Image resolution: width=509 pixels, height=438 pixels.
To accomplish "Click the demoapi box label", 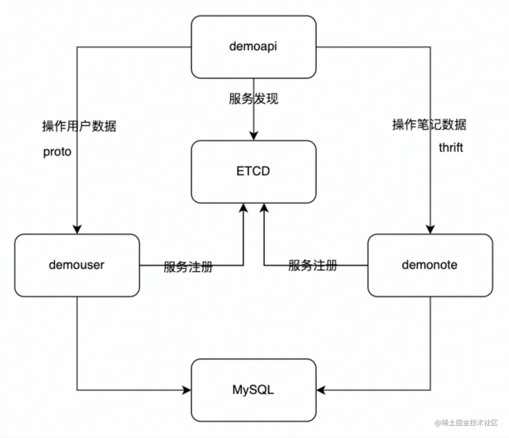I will tap(253, 46).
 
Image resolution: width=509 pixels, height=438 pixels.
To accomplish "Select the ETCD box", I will tap(253, 171).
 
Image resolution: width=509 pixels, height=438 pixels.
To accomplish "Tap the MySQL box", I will tap(253, 390).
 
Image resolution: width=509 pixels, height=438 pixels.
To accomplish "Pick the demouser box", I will tap(77, 265).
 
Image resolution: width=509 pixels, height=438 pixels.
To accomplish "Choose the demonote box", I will tap(430, 265).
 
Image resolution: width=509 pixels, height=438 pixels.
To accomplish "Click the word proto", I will tap(57, 152).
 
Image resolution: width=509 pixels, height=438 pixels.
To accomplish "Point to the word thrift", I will tap(451, 148).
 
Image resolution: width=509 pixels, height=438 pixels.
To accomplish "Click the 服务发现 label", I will tap(253, 98).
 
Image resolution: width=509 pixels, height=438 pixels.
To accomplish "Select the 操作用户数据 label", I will tap(79, 126).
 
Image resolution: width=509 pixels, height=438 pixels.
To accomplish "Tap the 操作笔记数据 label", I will tap(429, 125).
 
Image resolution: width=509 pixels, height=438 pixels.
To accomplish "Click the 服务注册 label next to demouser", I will tap(188, 267).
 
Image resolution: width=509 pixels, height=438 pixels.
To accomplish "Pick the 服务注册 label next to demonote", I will tap(313, 265).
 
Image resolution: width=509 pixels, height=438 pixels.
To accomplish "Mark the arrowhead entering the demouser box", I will tap(77, 229).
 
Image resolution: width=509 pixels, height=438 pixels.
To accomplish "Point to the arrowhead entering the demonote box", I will tap(430, 229).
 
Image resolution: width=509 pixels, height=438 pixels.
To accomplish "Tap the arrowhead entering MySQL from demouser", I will tap(187, 390).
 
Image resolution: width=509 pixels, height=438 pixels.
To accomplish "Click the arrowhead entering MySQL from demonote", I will tap(321, 390).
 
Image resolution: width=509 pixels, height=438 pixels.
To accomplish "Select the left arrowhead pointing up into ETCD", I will tap(244, 208).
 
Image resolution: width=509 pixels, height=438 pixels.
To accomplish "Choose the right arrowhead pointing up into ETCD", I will tap(264, 208).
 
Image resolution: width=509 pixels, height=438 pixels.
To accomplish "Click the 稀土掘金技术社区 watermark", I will tap(466, 423).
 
